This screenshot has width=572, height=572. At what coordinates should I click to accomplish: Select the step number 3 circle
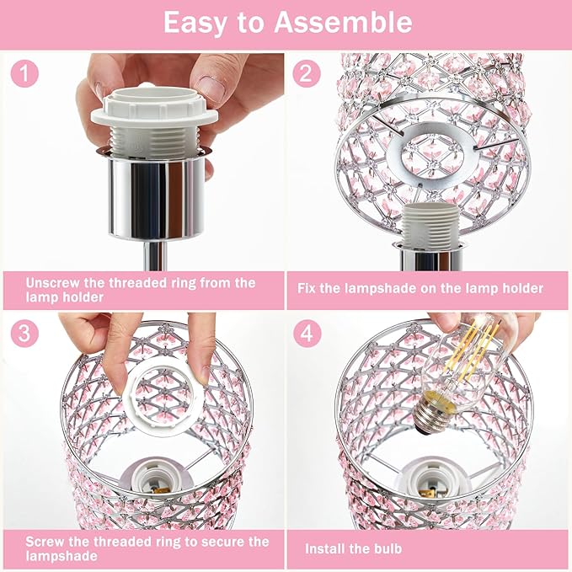tap(26, 333)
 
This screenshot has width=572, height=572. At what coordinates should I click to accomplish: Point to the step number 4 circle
tap(307, 334)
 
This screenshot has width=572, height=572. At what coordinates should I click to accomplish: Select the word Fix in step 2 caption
tap(308, 288)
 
